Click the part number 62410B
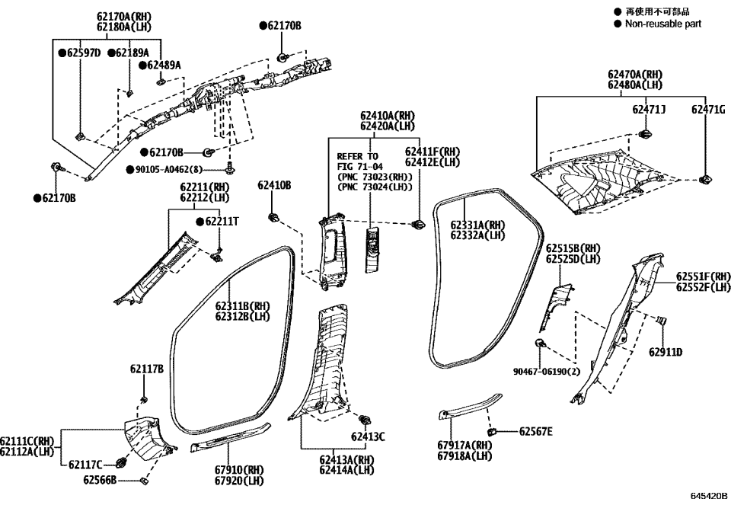tap(273, 185)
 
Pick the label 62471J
tap(649, 110)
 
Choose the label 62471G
tap(707, 110)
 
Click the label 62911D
tap(666, 352)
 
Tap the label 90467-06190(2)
tap(547, 372)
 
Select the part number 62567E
tap(536, 431)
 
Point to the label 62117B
tap(146, 369)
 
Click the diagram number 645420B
tap(710, 496)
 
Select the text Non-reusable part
tap(663, 24)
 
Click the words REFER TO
tap(357, 155)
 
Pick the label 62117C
tap(85, 464)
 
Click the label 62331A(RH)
tap(477, 225)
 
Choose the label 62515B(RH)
tap(573, 248)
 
